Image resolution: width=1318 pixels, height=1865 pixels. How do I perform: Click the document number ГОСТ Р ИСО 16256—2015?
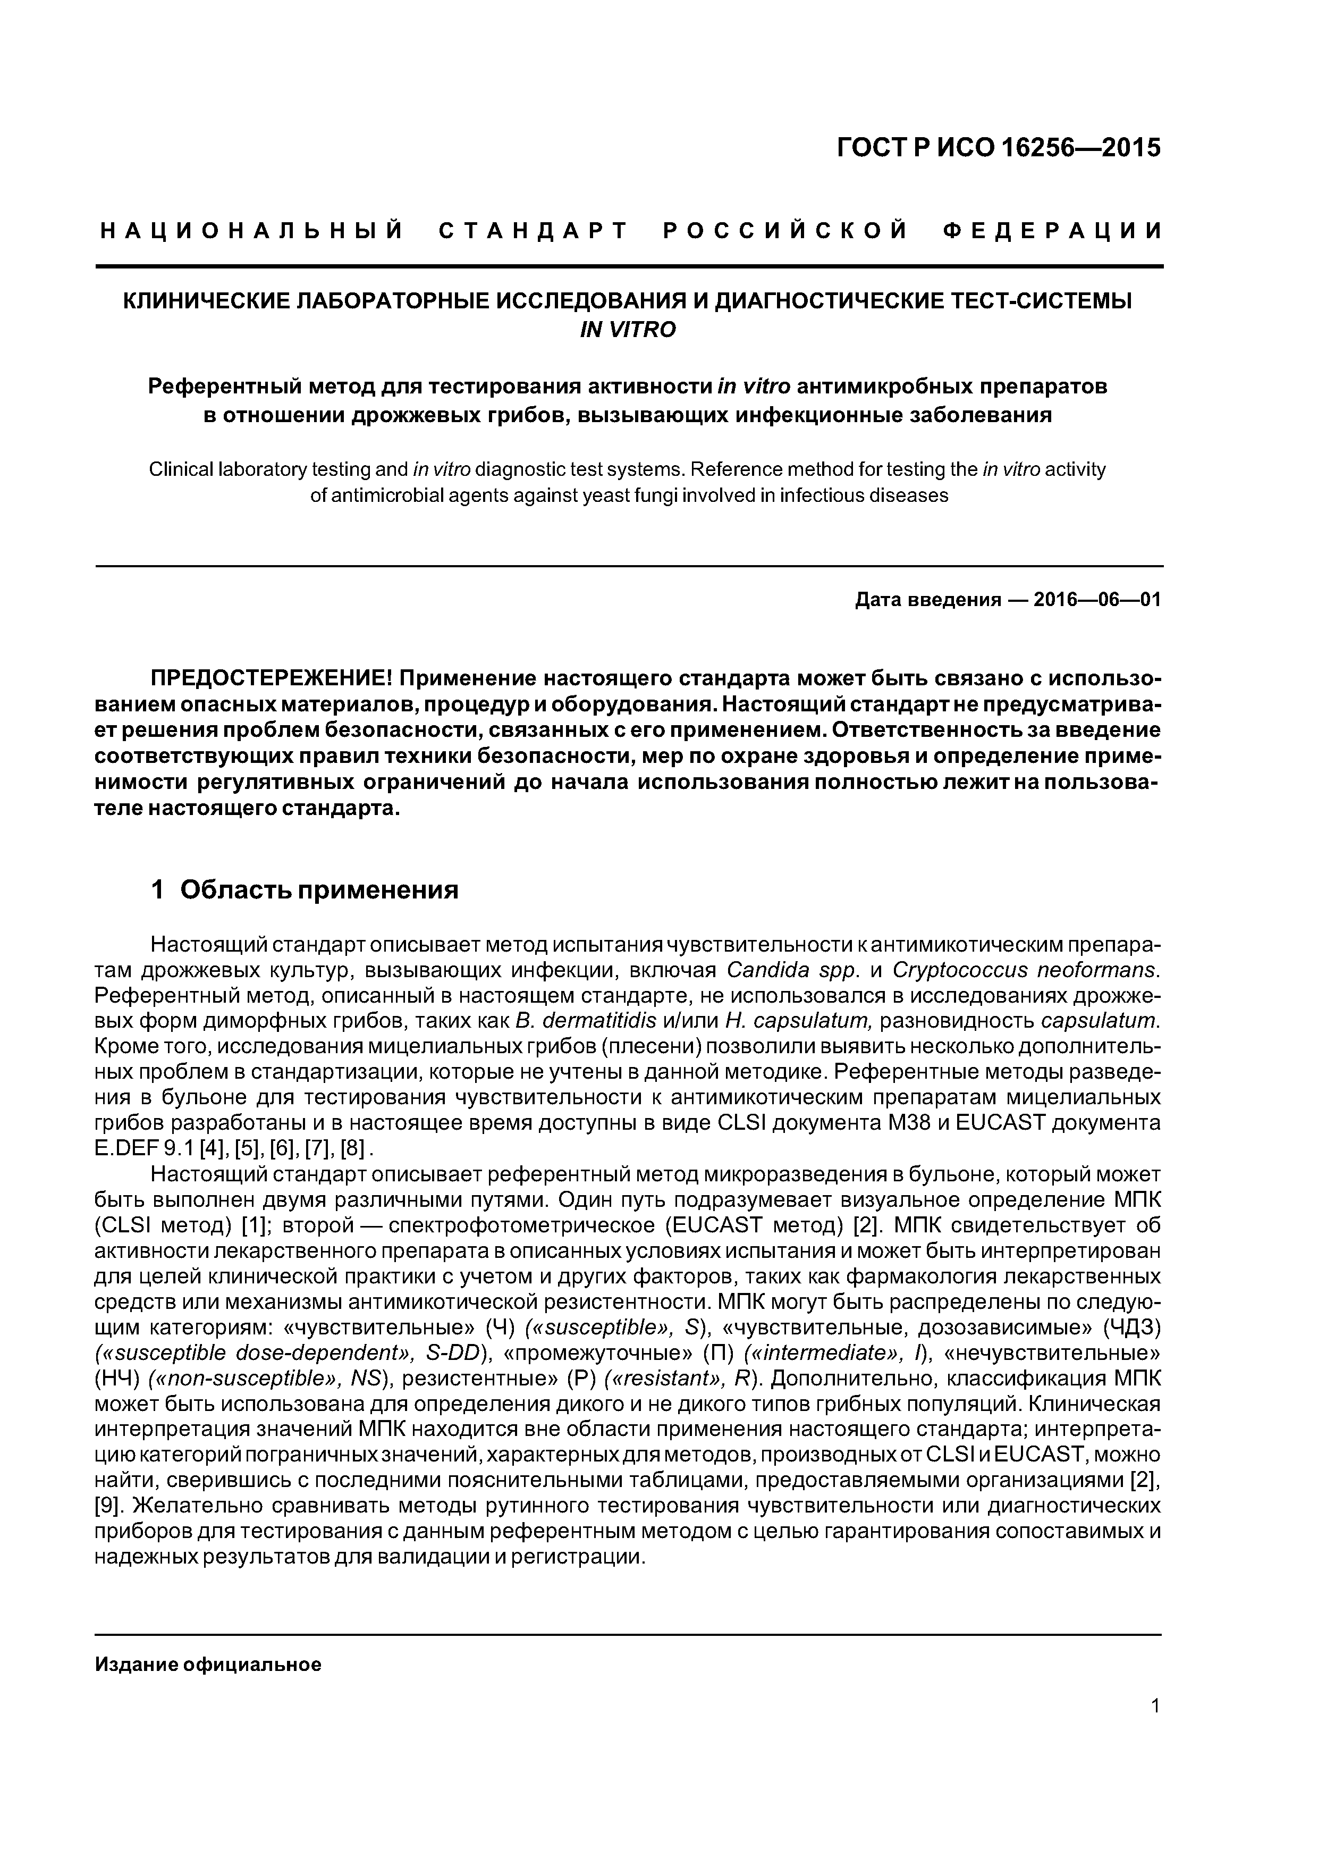click(x=998, y=148)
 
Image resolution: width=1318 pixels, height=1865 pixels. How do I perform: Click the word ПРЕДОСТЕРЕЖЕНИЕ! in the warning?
click(x=271, y=677)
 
